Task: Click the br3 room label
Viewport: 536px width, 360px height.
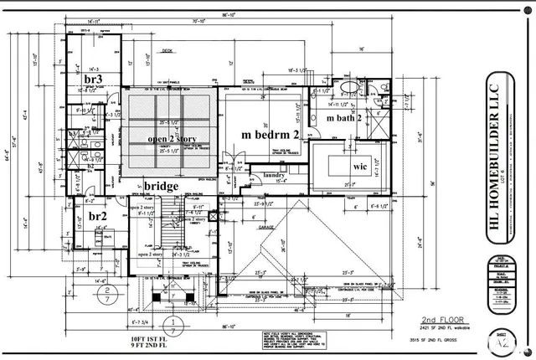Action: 93,79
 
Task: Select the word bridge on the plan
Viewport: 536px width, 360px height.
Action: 161,185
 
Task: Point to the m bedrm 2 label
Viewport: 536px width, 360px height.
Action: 270,134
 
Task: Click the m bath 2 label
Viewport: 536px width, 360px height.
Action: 343,118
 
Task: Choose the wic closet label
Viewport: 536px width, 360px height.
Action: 360,167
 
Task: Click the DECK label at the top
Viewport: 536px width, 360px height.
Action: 167,50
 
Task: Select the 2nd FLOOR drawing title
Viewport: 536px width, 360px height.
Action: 441,319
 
